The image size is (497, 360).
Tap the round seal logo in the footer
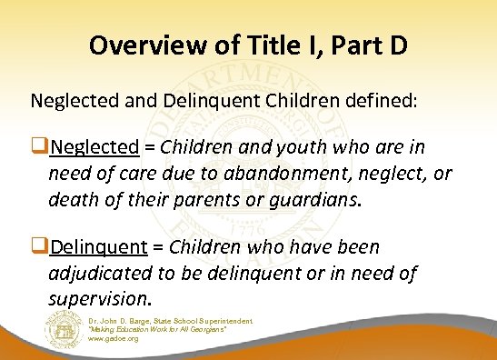point(61,328)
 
